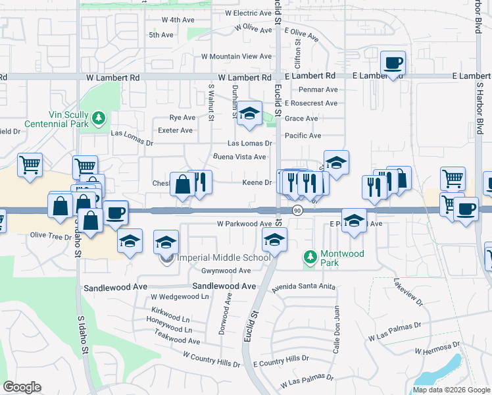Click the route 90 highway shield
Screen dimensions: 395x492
pos(297,211)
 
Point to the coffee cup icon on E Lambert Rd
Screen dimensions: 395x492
pos(393,64)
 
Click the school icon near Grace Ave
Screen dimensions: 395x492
pos(249,115)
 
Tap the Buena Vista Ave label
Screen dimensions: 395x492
pos(239,157)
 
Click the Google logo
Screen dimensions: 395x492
pos(22,386)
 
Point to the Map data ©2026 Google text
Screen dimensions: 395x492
pos(451,390)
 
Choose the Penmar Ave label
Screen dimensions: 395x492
pos(318,90)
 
